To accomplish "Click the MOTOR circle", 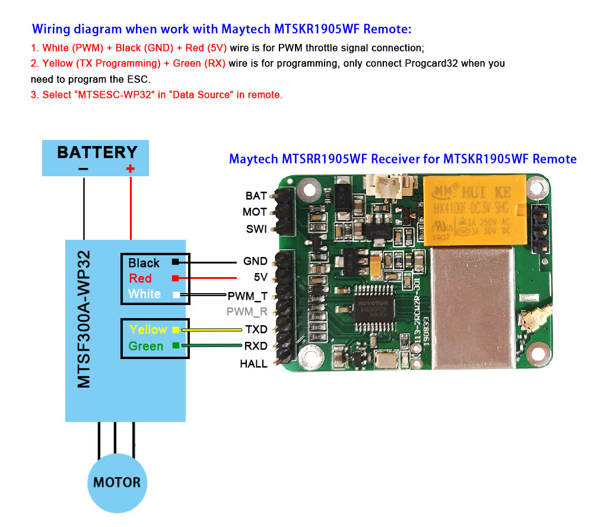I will (117, 482).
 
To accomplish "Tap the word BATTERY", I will (97, 152).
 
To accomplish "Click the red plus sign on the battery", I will (131, 169).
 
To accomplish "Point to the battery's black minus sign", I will (83, 169).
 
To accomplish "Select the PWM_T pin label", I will (247, 296).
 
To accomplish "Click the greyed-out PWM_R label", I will (247, 312).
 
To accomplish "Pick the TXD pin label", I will (256, 329).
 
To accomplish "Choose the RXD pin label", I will (256, 346).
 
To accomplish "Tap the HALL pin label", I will (253, 364).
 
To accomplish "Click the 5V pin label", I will (260, 278).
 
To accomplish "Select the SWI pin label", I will (256, 229).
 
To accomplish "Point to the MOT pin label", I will (255, 212).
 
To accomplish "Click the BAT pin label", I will (256, 196).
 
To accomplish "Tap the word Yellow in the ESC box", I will (148, 329).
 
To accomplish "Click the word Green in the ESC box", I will (145, 346).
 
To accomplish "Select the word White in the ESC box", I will (144, 294).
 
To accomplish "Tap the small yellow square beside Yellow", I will (176, 329).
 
